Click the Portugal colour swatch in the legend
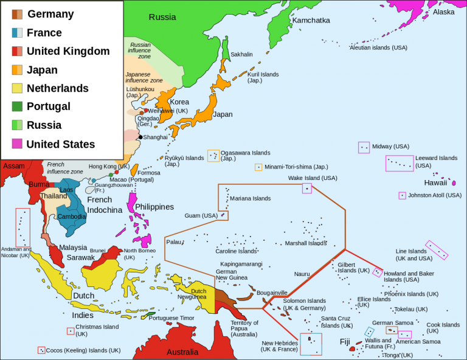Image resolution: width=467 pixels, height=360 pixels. (x=16, y=106)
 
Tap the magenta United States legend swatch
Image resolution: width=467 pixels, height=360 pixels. (x=16, y=144)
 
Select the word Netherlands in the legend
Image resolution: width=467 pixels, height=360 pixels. (x=58, y=88)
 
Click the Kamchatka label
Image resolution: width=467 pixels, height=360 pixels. (x=311, y=20)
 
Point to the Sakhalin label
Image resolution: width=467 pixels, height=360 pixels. (x=241, y=54)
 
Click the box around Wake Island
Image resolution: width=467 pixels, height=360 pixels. (x=307, y=189)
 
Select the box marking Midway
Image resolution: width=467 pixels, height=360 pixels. (x=364, y=147)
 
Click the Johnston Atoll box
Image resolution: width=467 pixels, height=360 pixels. (x=402, y=196)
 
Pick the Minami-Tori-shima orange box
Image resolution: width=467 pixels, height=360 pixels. (x=258, y=167)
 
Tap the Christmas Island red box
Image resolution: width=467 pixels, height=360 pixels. (x=71, y=331)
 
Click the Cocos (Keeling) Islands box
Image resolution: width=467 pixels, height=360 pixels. (x=41, y=350)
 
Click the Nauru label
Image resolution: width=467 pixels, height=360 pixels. (x=302, y=274)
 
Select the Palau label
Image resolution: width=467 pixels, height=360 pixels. (x=174, y=242)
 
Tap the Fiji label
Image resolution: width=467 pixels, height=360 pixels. (x=345, y=341)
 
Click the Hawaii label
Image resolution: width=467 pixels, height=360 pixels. (x=435, y=182)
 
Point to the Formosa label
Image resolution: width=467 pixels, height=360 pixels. (x=149, y=173)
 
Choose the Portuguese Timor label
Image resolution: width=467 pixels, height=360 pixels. (x=171, y=317)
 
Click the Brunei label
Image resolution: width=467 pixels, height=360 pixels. (x=97, y=250)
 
